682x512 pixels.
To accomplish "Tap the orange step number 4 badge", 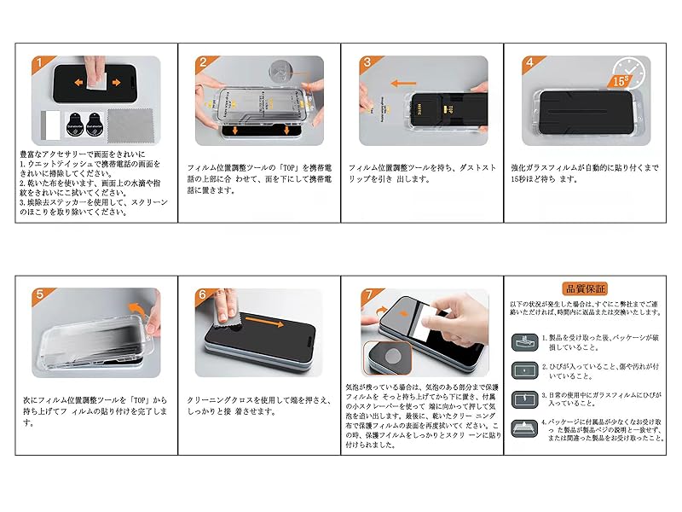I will [530, 63].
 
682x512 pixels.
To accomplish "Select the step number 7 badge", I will [367, 295].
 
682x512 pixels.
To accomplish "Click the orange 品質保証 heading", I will [585, 288].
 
